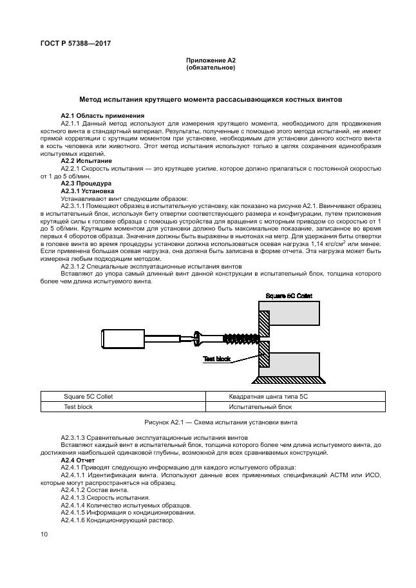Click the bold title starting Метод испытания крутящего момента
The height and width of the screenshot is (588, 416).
click(x=211, y=100)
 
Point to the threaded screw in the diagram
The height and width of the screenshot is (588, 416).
click(x=240, y=337)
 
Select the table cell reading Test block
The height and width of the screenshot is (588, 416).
click(x=78, y=407)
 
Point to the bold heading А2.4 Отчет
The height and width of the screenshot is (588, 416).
click(x=77, y=460)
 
